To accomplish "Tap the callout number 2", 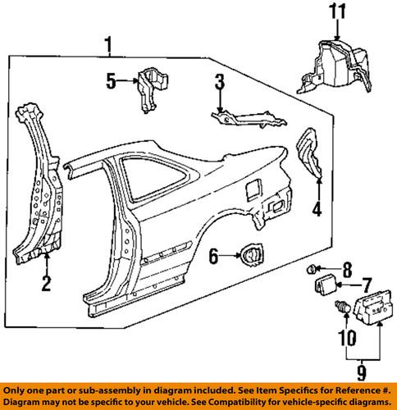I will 47,285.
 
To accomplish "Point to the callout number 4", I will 315,209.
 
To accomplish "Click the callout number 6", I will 214,257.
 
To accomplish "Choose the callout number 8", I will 347,266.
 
